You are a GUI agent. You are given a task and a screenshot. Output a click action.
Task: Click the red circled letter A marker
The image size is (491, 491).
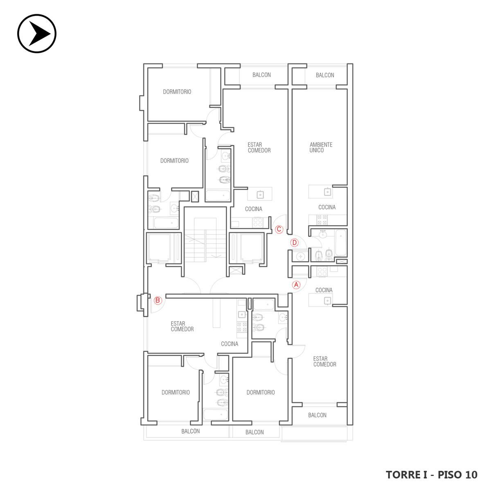296,285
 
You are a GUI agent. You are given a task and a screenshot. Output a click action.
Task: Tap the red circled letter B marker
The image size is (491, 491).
158,300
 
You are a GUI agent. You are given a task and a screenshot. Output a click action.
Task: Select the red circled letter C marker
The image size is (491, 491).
279,229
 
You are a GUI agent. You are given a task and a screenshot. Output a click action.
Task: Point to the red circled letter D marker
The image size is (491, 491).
295,243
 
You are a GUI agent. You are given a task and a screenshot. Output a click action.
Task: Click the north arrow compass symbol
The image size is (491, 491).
37,34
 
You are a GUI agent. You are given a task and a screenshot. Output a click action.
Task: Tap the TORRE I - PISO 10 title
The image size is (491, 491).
432,475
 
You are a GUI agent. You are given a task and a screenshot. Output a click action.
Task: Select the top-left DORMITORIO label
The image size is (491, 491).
177,92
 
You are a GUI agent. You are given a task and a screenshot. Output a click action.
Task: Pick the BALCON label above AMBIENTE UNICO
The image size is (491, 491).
325,75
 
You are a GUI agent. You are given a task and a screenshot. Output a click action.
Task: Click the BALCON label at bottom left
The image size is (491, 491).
191,431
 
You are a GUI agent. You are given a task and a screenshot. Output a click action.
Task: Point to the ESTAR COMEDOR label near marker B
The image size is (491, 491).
182,327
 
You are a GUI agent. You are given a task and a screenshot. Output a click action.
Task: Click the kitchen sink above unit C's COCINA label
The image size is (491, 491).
260,195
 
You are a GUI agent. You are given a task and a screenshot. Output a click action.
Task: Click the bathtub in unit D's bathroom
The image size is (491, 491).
340,243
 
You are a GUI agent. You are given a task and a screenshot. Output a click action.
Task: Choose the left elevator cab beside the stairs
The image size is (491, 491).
160,248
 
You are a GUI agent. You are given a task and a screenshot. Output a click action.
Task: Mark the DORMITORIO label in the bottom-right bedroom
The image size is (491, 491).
261,392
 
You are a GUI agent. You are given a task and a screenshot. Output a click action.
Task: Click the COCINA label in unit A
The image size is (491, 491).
324,290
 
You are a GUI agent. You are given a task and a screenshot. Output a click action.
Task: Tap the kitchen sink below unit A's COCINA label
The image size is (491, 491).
327,301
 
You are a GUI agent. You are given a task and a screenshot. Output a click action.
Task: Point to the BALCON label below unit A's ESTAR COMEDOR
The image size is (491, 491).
317,415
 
